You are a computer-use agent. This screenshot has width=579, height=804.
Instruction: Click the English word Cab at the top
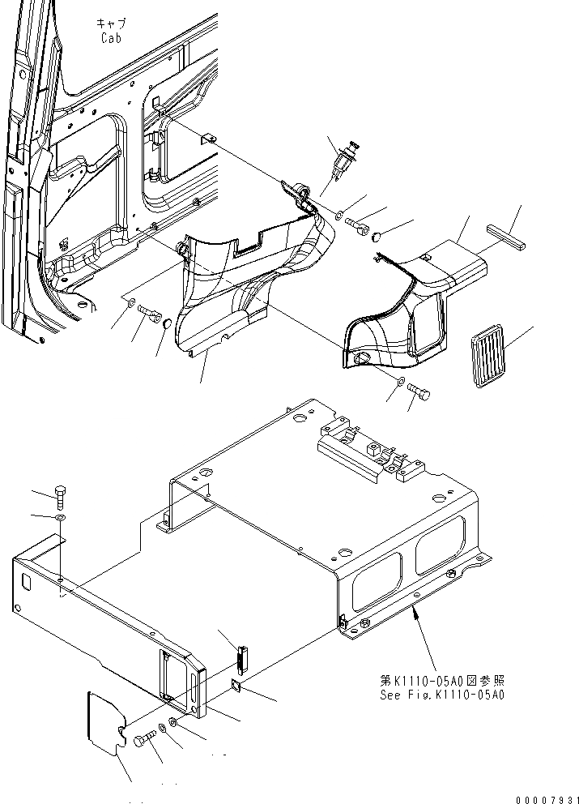click(x=112, y=38)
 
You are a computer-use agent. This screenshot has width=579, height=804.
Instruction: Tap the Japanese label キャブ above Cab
click(x=112, y=24)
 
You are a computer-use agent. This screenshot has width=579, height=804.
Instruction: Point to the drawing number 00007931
click(x=544, y=797)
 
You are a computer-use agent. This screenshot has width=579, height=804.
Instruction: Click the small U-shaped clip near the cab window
click(x=207, y=139)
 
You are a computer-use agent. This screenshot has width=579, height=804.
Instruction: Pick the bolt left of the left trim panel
click(x=149, y=312)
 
